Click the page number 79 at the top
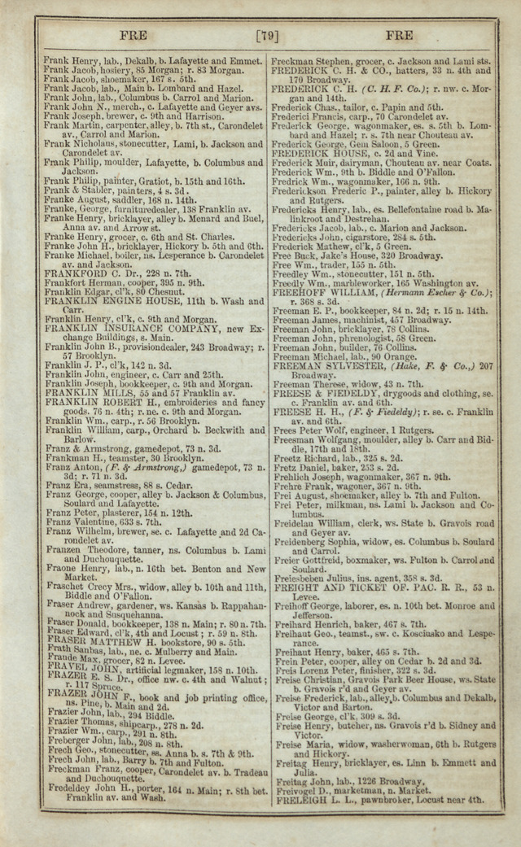268,35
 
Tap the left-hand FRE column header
133,35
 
